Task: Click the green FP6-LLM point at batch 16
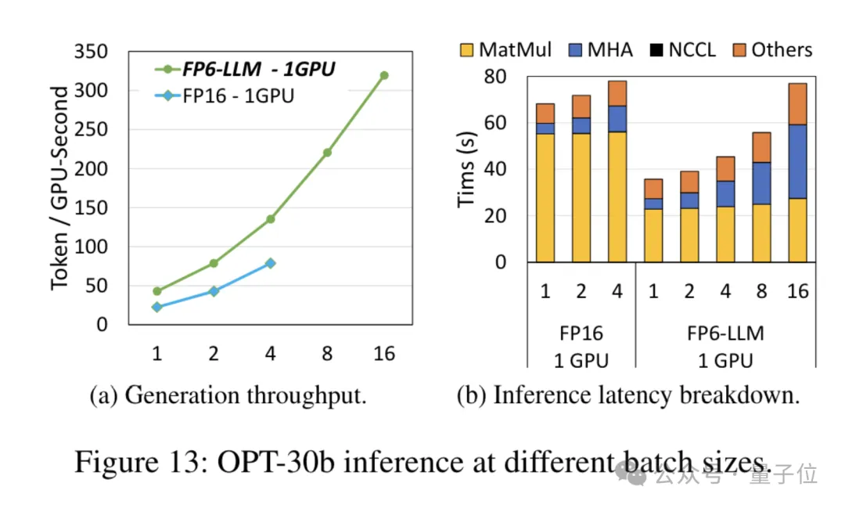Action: tap(384, 76)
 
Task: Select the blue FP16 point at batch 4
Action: tap(271, 264)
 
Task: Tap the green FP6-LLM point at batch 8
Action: tap(327, 153)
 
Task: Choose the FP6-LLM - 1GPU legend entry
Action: tap(245, 70)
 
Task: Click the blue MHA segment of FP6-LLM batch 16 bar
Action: tap(797, 161)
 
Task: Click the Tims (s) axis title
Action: tap(467, 169)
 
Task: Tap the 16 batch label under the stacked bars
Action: tap(797, 291)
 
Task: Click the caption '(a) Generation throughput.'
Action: tap(228, 395)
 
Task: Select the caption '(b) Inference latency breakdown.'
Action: tap(628, 395)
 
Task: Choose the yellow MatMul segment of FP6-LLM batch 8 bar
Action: tap(761, 232)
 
